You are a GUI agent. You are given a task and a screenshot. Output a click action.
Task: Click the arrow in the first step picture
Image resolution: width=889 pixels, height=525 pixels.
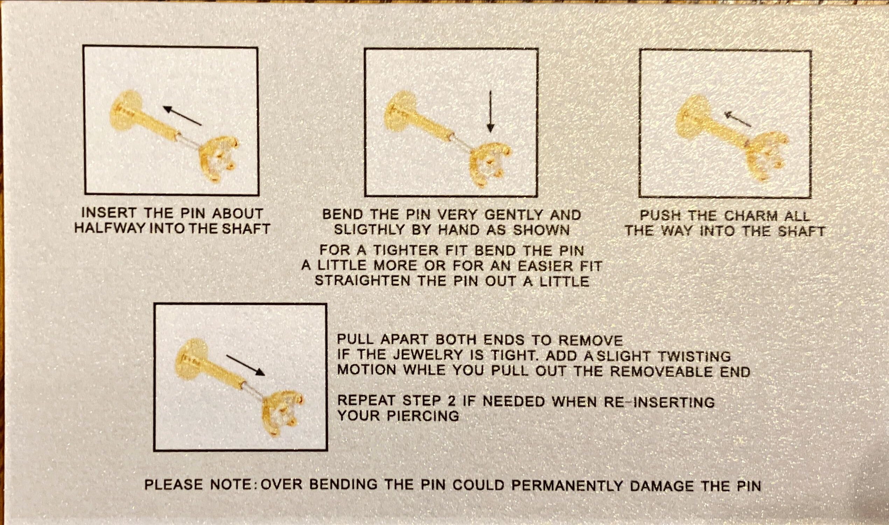coord(182,115)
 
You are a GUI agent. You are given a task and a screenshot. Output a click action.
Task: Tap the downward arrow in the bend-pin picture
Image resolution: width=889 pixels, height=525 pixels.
coord(490,112)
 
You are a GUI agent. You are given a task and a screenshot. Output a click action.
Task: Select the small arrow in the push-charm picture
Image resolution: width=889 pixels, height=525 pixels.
coord(737,119)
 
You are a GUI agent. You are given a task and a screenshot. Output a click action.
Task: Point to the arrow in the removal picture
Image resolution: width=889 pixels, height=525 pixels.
coord(245,366)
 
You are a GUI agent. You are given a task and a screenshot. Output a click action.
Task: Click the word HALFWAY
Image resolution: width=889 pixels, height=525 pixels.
coord(110,228)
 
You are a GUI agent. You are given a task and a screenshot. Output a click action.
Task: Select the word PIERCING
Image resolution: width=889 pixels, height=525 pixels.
coord(423,416)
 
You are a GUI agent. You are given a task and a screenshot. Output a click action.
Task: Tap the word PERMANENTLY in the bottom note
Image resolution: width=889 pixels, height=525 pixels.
coord(567,485)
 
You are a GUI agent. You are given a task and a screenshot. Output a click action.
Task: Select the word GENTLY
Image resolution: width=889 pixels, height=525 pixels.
coord(513,215)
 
